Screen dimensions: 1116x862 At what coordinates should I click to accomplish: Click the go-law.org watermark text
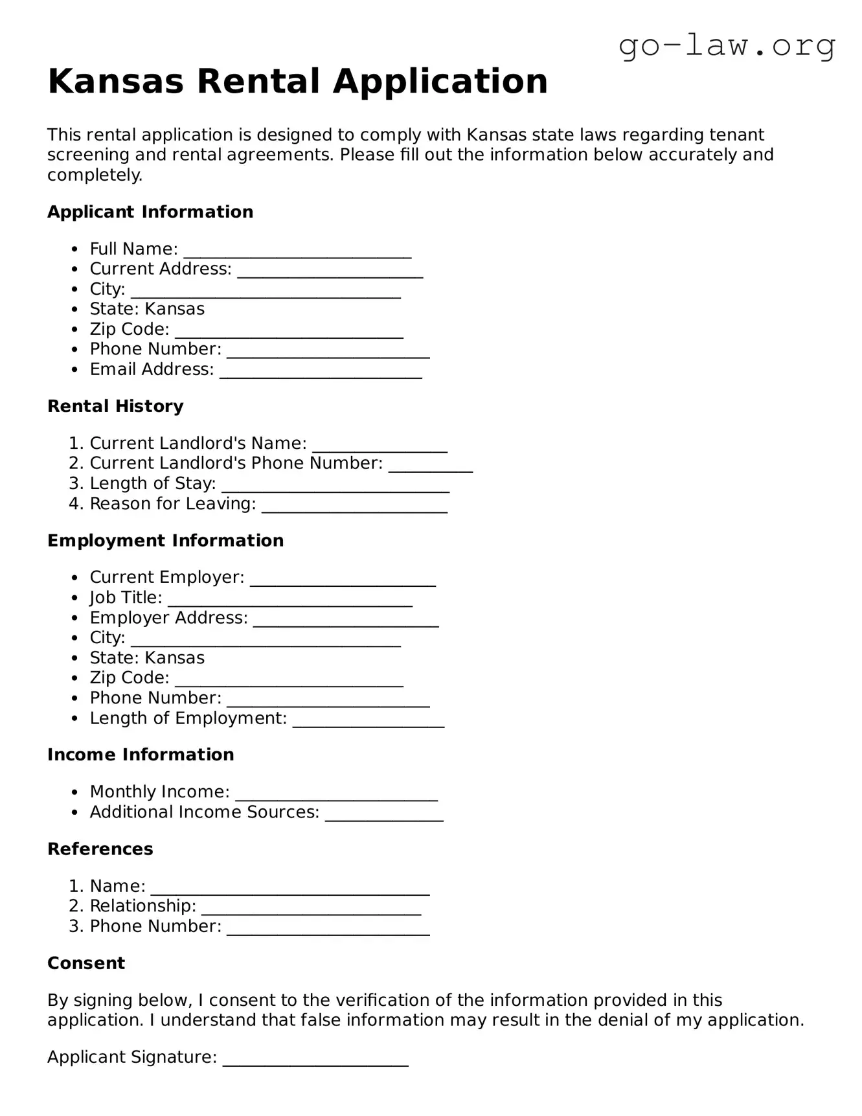point(727,46)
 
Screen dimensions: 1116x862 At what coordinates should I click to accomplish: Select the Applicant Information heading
point(150,212)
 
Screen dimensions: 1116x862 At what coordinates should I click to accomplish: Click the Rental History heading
point(115,407)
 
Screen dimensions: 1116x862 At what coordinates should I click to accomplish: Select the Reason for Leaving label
point(172,504)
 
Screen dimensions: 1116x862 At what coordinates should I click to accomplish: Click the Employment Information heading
point(165,541)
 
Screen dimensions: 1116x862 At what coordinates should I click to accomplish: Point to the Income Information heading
point(141,755)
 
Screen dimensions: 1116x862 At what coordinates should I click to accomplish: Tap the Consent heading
point(86,964)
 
